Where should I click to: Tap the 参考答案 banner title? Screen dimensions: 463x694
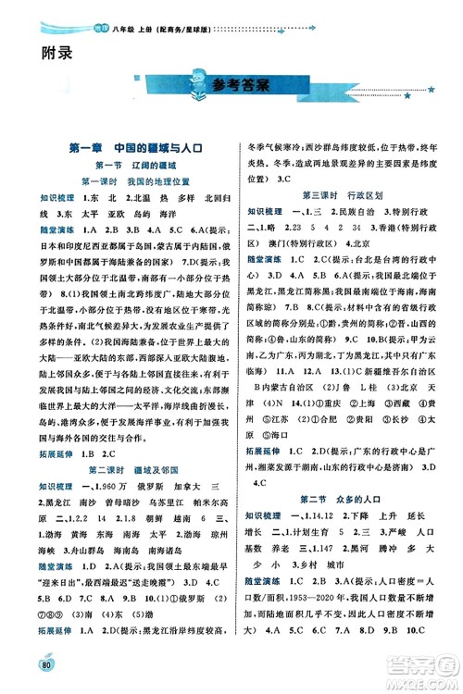click(x=238, y=87)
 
